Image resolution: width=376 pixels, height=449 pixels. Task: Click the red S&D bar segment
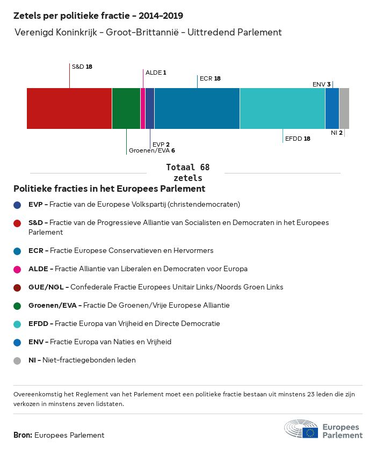[69, 108]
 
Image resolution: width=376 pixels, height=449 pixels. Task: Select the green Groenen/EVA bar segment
[126, 108]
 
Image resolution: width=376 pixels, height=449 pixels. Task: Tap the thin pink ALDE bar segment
[142, 108]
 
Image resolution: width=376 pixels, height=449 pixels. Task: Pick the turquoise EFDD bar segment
[283, 108]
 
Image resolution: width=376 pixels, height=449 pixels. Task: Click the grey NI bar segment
[344, 108]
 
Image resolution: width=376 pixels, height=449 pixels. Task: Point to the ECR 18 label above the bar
[210, 78]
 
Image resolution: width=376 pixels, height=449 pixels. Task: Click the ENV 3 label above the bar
[322, 84]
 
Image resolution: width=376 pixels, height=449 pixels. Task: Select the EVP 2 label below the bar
[161, 144]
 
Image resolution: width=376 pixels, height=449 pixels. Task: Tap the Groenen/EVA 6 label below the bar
[152, 150]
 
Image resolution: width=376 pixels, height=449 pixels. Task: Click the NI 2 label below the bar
[337, 133]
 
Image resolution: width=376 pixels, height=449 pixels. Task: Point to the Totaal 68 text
[188, 167]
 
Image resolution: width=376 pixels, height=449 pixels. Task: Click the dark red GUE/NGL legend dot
[17, 287]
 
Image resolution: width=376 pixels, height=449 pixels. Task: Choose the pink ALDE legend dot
[17, 269]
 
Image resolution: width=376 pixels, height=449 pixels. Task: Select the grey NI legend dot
[17, 360]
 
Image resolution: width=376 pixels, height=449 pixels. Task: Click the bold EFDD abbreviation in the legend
[38, 323]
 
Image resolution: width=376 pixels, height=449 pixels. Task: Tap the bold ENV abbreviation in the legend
[36, 342]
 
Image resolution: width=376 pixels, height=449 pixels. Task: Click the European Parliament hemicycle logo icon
[301, 429]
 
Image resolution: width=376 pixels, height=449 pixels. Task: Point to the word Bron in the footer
[23, 435]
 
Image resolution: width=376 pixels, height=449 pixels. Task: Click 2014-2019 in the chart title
[161, 16]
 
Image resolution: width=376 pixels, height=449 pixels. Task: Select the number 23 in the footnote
[310, 394]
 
